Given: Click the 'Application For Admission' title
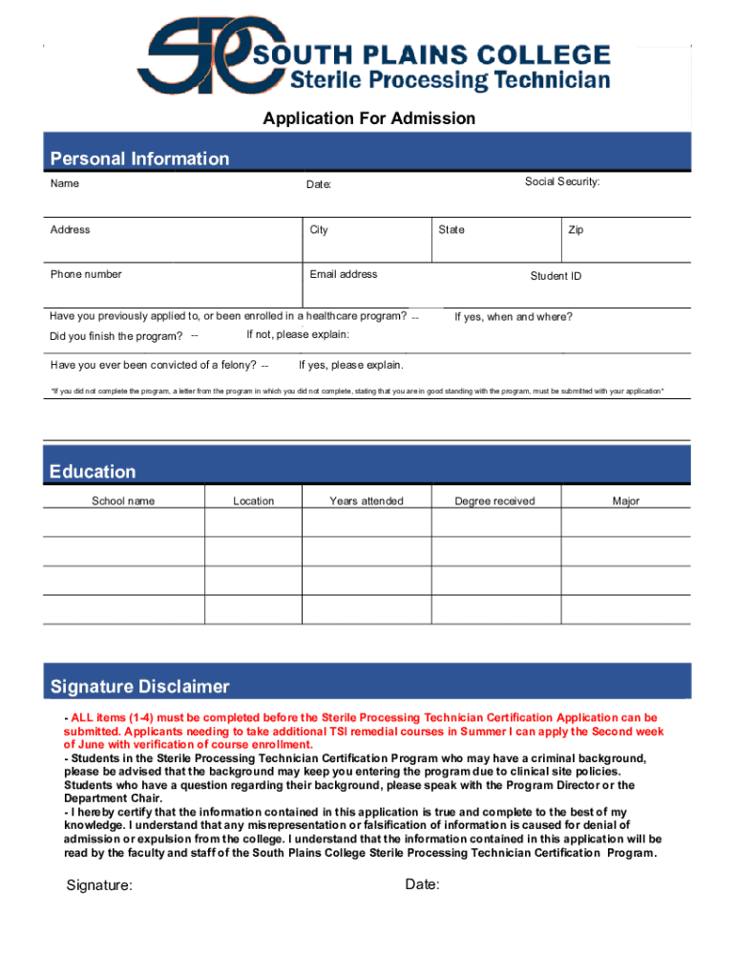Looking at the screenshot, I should pos(368,118).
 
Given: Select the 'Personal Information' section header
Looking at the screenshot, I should pos(139,159).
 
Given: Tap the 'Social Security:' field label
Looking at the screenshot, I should pos(561,181).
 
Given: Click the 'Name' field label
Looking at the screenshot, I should pos(65,183).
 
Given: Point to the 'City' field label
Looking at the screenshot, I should pos(319,230).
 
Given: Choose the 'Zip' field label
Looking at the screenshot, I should pos(576,230).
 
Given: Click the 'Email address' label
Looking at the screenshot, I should pos(343,274).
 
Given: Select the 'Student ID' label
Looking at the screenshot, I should pos(556,276).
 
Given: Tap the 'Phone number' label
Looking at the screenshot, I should pos(86,274).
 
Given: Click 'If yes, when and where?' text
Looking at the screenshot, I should pos(513,317).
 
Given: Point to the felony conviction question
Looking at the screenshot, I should pos(153,365).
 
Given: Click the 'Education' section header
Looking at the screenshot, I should pos(93,472).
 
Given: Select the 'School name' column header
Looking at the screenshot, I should pos(122,500).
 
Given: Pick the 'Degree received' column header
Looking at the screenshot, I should pos(494,500).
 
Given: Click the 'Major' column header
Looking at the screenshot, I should pos(625,500).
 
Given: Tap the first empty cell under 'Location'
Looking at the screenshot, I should pos(253,523).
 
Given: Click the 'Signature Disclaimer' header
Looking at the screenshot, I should pos(139,687).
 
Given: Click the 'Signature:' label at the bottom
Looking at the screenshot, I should pos(99,885).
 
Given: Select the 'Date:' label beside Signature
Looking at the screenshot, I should pos(422,884).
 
